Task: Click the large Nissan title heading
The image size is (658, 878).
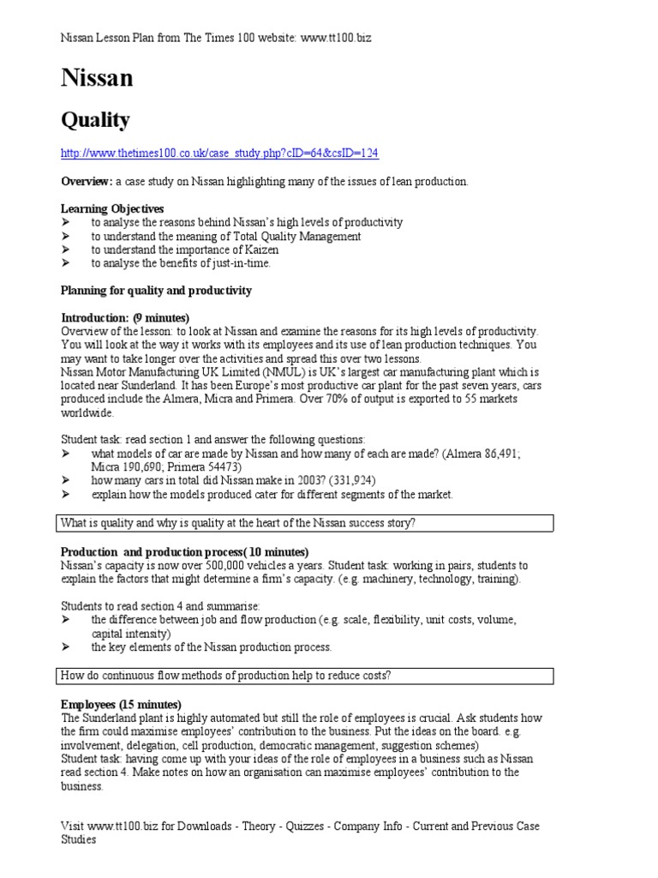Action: click(x=97, y=79)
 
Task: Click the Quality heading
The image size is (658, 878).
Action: click(x=95, y=120)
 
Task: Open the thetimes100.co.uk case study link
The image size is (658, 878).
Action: click(x=219, y=153)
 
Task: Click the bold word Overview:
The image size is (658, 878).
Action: click(x=87, y=182)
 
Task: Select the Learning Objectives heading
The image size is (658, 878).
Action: click(x=112, y=208)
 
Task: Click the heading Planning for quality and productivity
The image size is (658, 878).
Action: click(x=156, y=291)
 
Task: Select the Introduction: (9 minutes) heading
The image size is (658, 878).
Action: click(x=125, y=318)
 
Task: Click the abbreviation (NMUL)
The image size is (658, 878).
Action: click(x=284, y=372)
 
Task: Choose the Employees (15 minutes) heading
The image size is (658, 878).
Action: click(x=121, y=704)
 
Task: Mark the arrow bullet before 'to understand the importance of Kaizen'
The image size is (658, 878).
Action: click(x=66, y=250)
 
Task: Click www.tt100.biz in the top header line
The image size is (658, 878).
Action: click(x=336, y=39)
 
